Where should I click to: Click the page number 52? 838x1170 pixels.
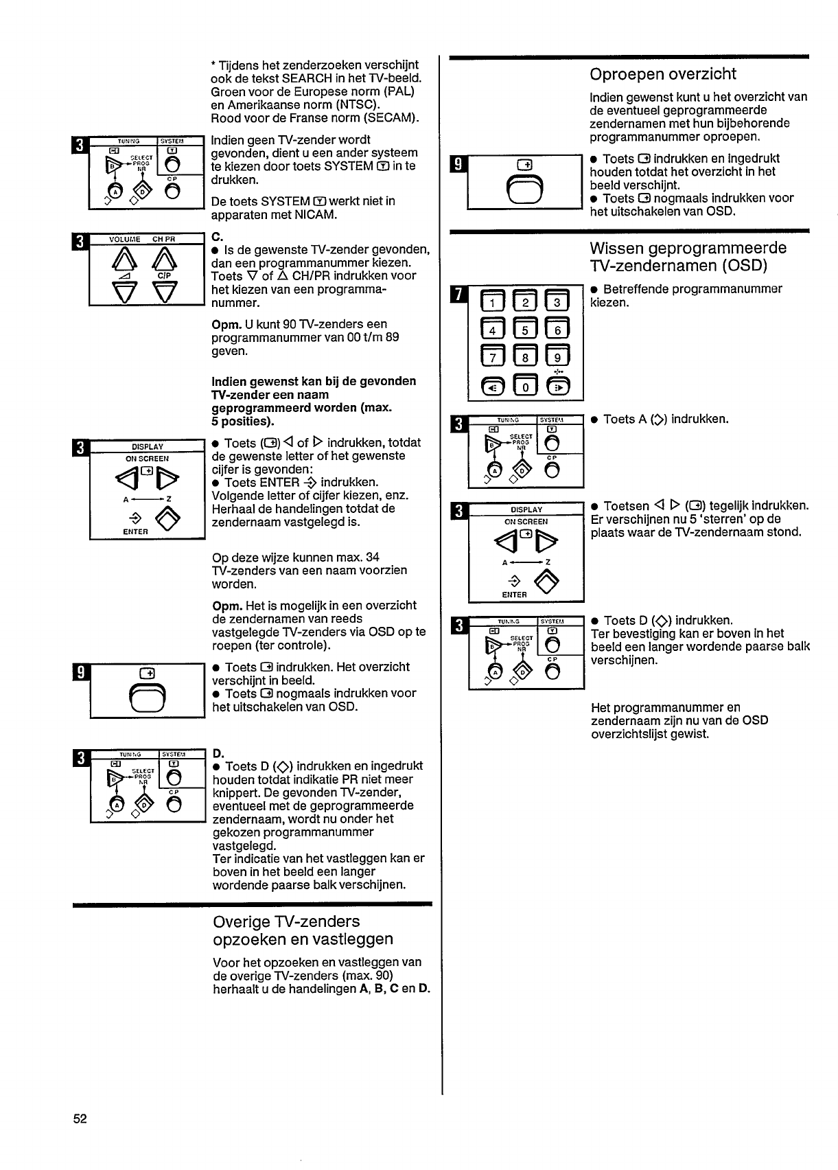80,1119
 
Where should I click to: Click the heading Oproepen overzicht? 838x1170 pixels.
663,74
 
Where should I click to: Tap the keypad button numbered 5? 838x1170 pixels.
526,331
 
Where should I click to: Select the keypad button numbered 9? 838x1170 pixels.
558,358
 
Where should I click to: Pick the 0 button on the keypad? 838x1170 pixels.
526,386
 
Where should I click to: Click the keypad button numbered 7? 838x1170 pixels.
493,358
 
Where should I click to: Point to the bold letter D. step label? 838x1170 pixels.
218,753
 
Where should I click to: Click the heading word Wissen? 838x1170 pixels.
615,248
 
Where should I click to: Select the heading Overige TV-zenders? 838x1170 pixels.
286,921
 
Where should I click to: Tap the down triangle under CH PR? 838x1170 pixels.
165,291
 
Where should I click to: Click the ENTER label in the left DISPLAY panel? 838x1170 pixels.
135,531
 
